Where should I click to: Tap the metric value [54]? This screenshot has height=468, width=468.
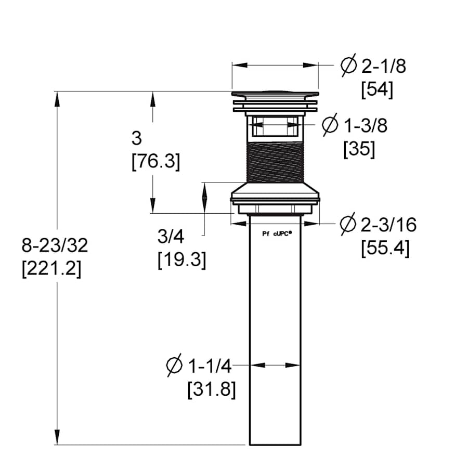[377, 90]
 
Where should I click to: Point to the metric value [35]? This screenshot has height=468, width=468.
[359, 149]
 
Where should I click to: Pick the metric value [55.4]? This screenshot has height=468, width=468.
[385, 248]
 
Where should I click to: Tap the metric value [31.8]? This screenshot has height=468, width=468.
[212, 389]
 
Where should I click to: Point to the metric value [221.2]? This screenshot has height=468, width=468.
[51, 269]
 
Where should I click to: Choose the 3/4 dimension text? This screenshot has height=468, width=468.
[171, 237]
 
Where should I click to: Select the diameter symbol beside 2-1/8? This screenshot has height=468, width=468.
[348, 66]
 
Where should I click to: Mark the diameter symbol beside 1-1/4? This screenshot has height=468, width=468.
[174, 366]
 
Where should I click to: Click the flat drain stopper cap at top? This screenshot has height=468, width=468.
[274, 94]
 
